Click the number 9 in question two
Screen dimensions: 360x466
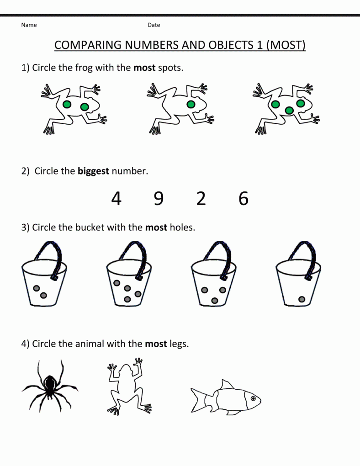click(159, 199)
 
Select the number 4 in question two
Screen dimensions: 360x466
click(116, 199)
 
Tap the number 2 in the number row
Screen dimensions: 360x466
click(201, 199)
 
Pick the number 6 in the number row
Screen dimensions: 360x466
click(244, 199)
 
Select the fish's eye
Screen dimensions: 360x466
click(253, 398)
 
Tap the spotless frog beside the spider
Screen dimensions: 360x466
click(129, 387)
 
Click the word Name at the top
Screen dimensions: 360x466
click(29, 25)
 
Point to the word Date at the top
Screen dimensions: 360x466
click(154, 25)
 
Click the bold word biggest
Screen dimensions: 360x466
click(93, 171)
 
